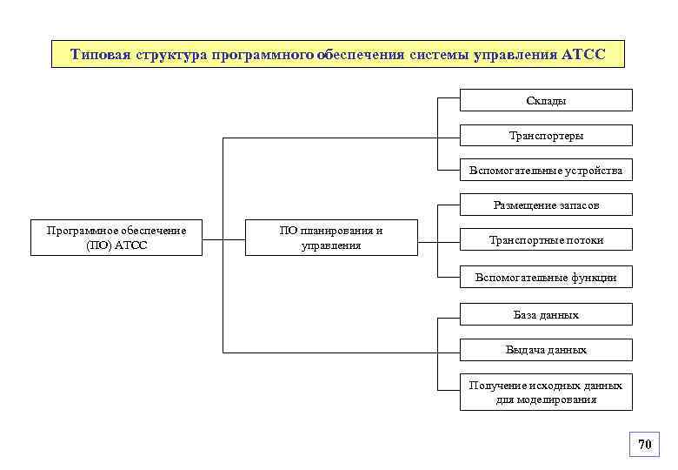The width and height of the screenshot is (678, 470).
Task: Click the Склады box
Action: (x=546, y=100)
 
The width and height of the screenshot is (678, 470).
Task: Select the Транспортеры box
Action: (x=546, y=135)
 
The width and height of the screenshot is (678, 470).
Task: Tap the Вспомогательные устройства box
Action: (x=546, y=170)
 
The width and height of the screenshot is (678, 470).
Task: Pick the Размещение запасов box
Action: (x=546, y=205)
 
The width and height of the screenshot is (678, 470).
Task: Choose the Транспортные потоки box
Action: (x=546, y=239)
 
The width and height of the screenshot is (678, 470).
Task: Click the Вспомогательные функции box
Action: (x=546, y=277)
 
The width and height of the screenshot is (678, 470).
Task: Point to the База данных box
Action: (x=546, y=314)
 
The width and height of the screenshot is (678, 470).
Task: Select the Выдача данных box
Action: (x=546, y=350)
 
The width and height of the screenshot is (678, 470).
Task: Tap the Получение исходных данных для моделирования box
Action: (x=546, y=393)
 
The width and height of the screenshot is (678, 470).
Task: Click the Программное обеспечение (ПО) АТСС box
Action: (x=116, y=238)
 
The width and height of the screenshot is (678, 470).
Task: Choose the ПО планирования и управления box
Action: (x=331, y=238)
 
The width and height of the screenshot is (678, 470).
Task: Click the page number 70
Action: (x=644, y=445)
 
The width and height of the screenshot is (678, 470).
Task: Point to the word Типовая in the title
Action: (x=100, y=55)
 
